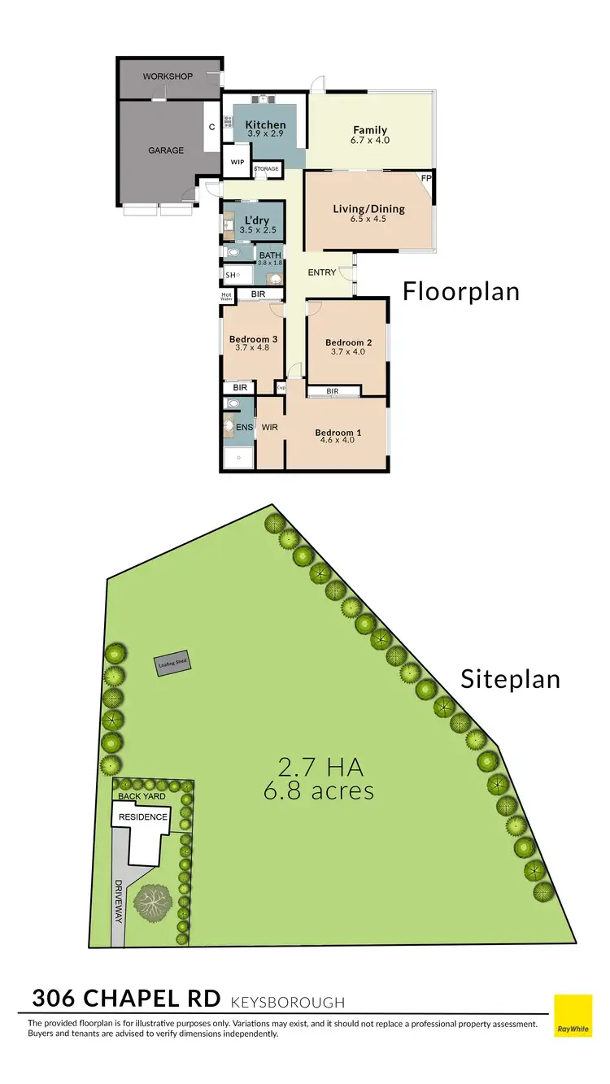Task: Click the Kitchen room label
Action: click(265, 124)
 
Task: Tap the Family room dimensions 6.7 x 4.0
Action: click(370, 141)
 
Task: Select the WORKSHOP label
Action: click(168, 76)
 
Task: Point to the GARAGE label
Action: click(165, 150)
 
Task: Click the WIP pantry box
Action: click(237, 162)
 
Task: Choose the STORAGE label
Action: click(266, 169)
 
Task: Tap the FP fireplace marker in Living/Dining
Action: click(425, 177)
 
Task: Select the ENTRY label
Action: click(322, 272)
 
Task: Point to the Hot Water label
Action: click(227, 297)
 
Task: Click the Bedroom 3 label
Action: click(253, 338)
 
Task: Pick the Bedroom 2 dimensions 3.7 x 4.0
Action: click(348, 352)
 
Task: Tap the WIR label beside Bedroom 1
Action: click(270, 425)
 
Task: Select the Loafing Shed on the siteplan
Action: click(172, 664)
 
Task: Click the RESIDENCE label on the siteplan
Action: click(143, 816)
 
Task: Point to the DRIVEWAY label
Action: click(119, 900)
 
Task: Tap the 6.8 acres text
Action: click(319, 790)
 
